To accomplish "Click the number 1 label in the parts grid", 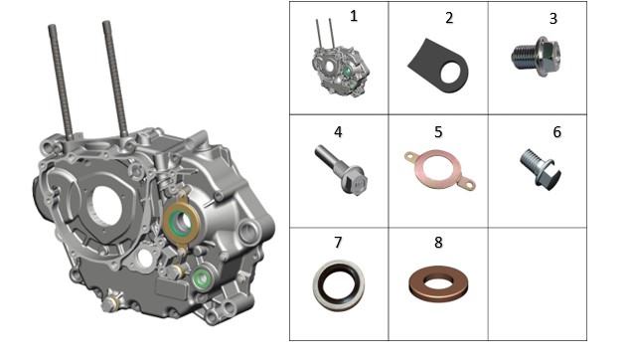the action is (x=353, y=16).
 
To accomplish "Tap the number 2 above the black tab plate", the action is (x=449, y=18).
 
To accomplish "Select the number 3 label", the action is (x=553, y=19).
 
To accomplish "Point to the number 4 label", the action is (x=338, y=132).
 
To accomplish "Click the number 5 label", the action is (x=438, y=132).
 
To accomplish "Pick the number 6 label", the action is (x=556, y=132).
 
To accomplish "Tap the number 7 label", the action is (x=338, y=242).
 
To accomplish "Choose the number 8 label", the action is (x=438, y=242).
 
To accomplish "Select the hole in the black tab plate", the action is (x=450, y=73).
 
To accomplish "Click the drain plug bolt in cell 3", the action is (x=536, y=57).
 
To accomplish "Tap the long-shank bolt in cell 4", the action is (x=341, y=170).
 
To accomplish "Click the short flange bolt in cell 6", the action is (x=541, y=169).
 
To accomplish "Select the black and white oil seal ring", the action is (x=339, y=285).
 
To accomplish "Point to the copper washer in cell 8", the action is (x=438, y=283).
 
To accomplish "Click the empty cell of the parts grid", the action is (x=538, y=284).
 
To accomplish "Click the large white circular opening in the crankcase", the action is (x=107, y=206).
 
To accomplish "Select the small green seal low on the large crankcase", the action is (x=202, y=278).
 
